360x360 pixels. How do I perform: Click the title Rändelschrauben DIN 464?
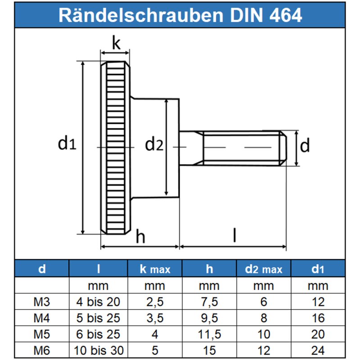click(x=180, y=15)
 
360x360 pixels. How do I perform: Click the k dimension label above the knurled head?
click(x=116, y=44)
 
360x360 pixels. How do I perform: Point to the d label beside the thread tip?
click(x=305, y=146)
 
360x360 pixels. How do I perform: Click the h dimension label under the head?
click(x=140, y=237)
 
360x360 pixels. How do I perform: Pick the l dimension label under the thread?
click(x=234, y=236)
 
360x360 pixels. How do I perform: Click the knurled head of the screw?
click(x=116, y=148)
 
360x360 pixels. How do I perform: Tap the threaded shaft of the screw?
click(x=243, y=148)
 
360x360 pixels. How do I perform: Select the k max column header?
click(x=155, y=269)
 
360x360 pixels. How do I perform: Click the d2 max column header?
click(x=264, y=269)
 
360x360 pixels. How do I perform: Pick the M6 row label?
click(x=42, y=350)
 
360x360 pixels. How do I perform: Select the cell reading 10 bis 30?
click(x=99, y=350)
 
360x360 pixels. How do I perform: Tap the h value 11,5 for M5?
click(x=209, y=334)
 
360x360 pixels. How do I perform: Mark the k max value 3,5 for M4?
click(x=155, y=318)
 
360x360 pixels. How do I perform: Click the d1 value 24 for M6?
click(x=318, y=350)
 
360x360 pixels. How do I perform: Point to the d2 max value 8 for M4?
click(x=264, y=318)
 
